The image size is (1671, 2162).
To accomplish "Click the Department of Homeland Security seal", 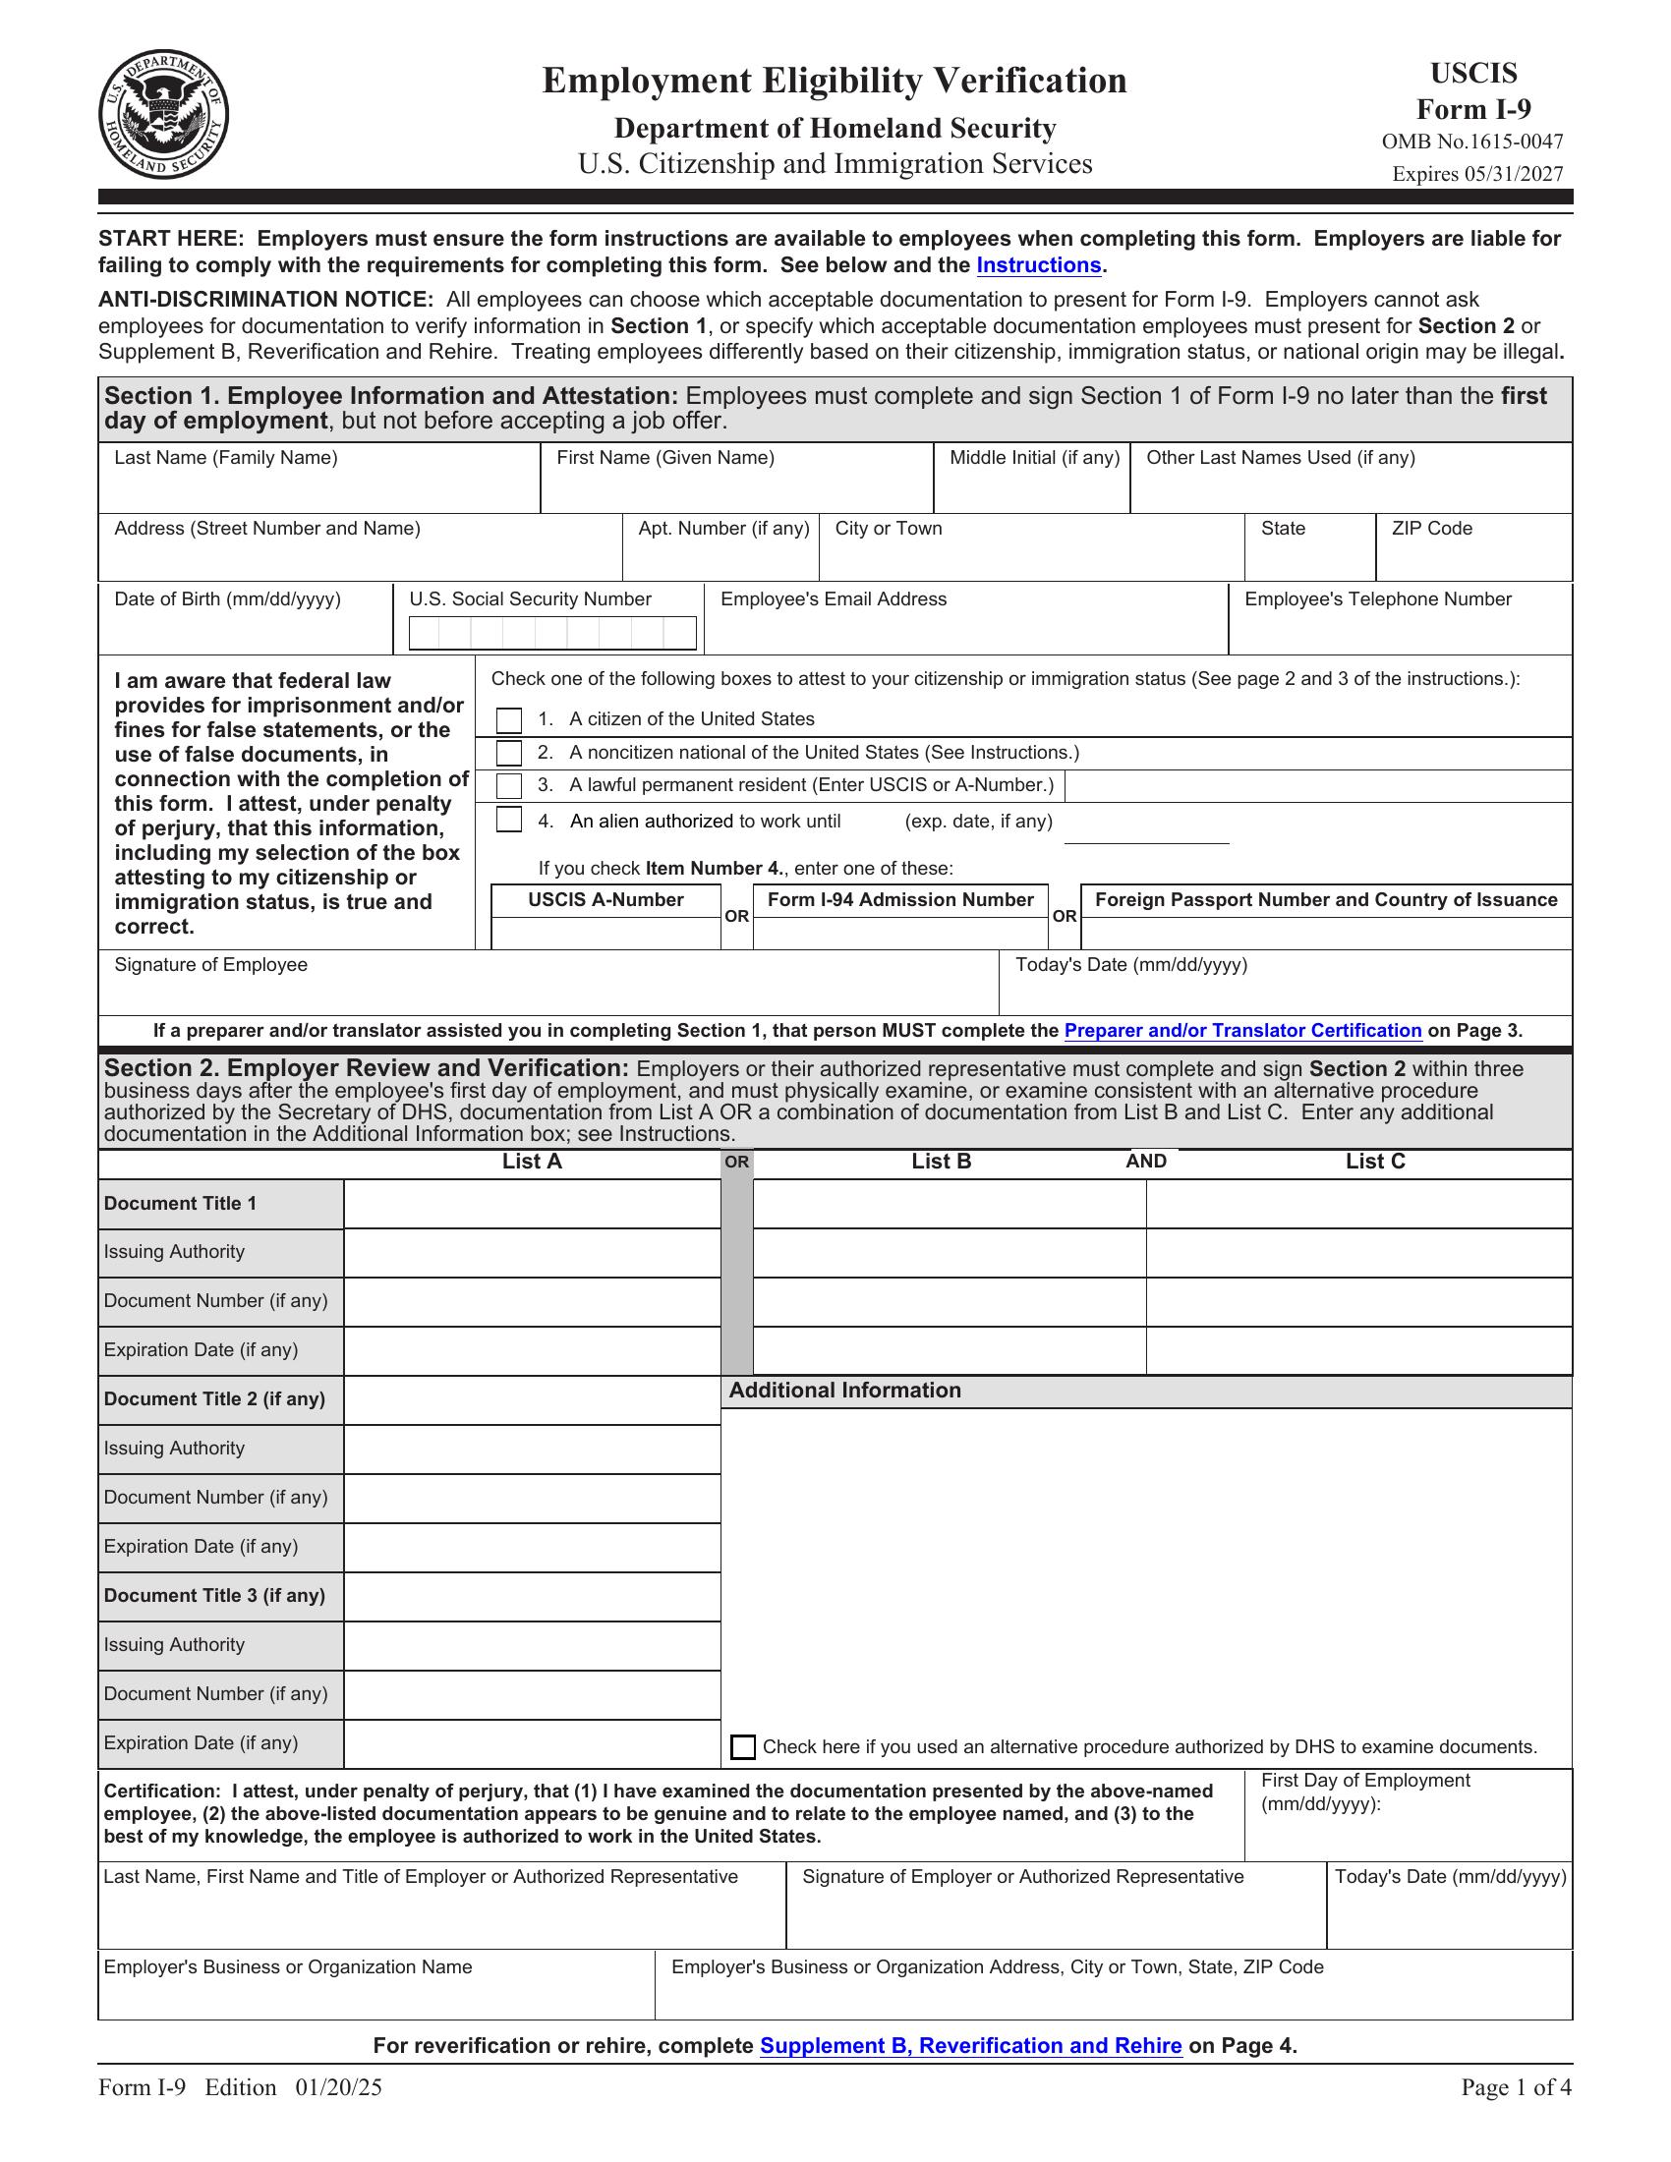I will tap(163, 115).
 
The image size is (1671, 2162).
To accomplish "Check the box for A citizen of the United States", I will tap(509, 719).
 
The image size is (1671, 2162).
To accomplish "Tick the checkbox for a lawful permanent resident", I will tap(509, 786).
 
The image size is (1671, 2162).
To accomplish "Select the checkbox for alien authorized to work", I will tap(509, 820).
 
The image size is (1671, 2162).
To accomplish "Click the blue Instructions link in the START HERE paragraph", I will tap(1038, 265).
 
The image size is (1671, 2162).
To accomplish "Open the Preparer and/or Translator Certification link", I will tap(1242, 1031).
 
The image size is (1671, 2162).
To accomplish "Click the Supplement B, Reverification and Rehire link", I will tap(970, 2045).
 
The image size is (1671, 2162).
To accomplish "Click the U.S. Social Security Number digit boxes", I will tap(552, 633).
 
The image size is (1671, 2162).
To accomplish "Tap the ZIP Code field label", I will tap(1431, 529).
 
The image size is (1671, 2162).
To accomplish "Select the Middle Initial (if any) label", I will tap(1034, 457).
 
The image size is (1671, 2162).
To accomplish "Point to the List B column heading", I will tap(942, 1162).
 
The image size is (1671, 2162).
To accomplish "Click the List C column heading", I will tap(1375, 1162).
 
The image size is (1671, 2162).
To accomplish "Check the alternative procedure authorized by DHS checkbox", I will tap(742, 1747).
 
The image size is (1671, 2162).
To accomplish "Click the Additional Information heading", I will tap(844, 1390).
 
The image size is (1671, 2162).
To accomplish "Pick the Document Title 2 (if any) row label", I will tap(215, 1398).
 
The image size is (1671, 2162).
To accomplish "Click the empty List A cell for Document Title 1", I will tap(532, 1204).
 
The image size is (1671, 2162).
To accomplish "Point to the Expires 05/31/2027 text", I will tap(1477, 174).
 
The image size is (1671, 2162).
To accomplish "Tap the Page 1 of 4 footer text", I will tap(1516, 2087).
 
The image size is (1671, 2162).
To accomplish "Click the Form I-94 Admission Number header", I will tap(899, 900).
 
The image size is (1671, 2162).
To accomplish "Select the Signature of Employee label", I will tap(211, 964).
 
